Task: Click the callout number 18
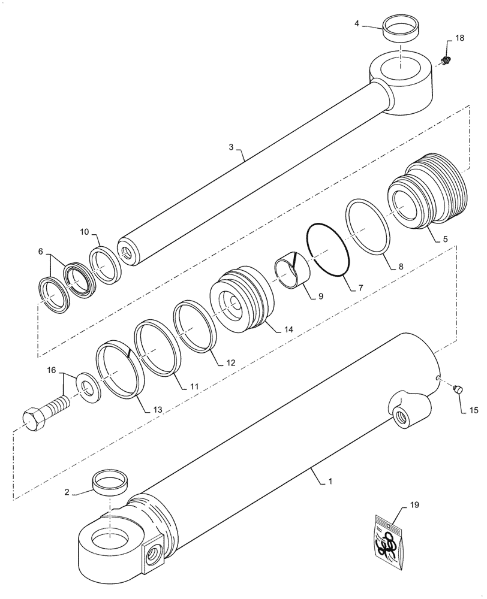coord(459,38)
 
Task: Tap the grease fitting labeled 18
coord(446,60)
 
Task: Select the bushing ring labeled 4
coord(401,30)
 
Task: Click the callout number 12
coord(230,362)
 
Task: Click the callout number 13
coord(157,409)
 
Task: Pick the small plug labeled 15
coord(458,390)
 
